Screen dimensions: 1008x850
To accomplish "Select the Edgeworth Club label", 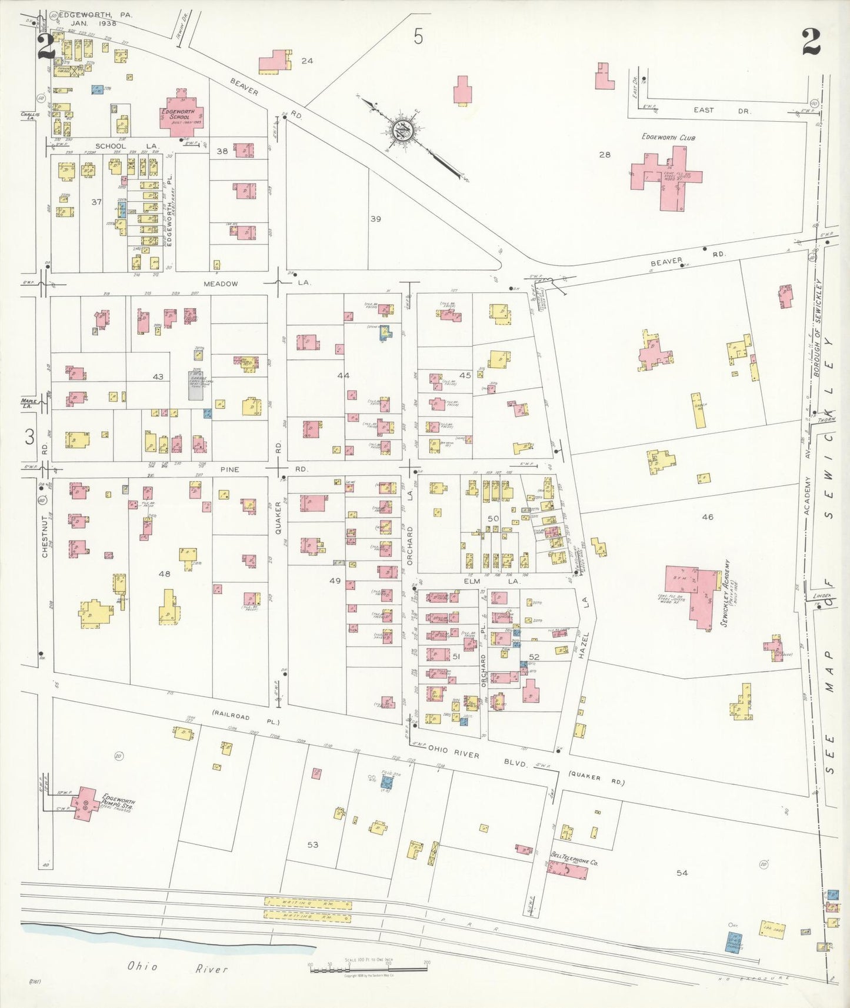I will [668, 138].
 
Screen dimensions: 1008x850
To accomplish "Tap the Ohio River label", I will [177, 967].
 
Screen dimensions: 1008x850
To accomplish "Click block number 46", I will [707, 517].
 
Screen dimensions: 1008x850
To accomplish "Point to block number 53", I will [312, 845].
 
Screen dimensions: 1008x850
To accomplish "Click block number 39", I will [375, 219].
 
